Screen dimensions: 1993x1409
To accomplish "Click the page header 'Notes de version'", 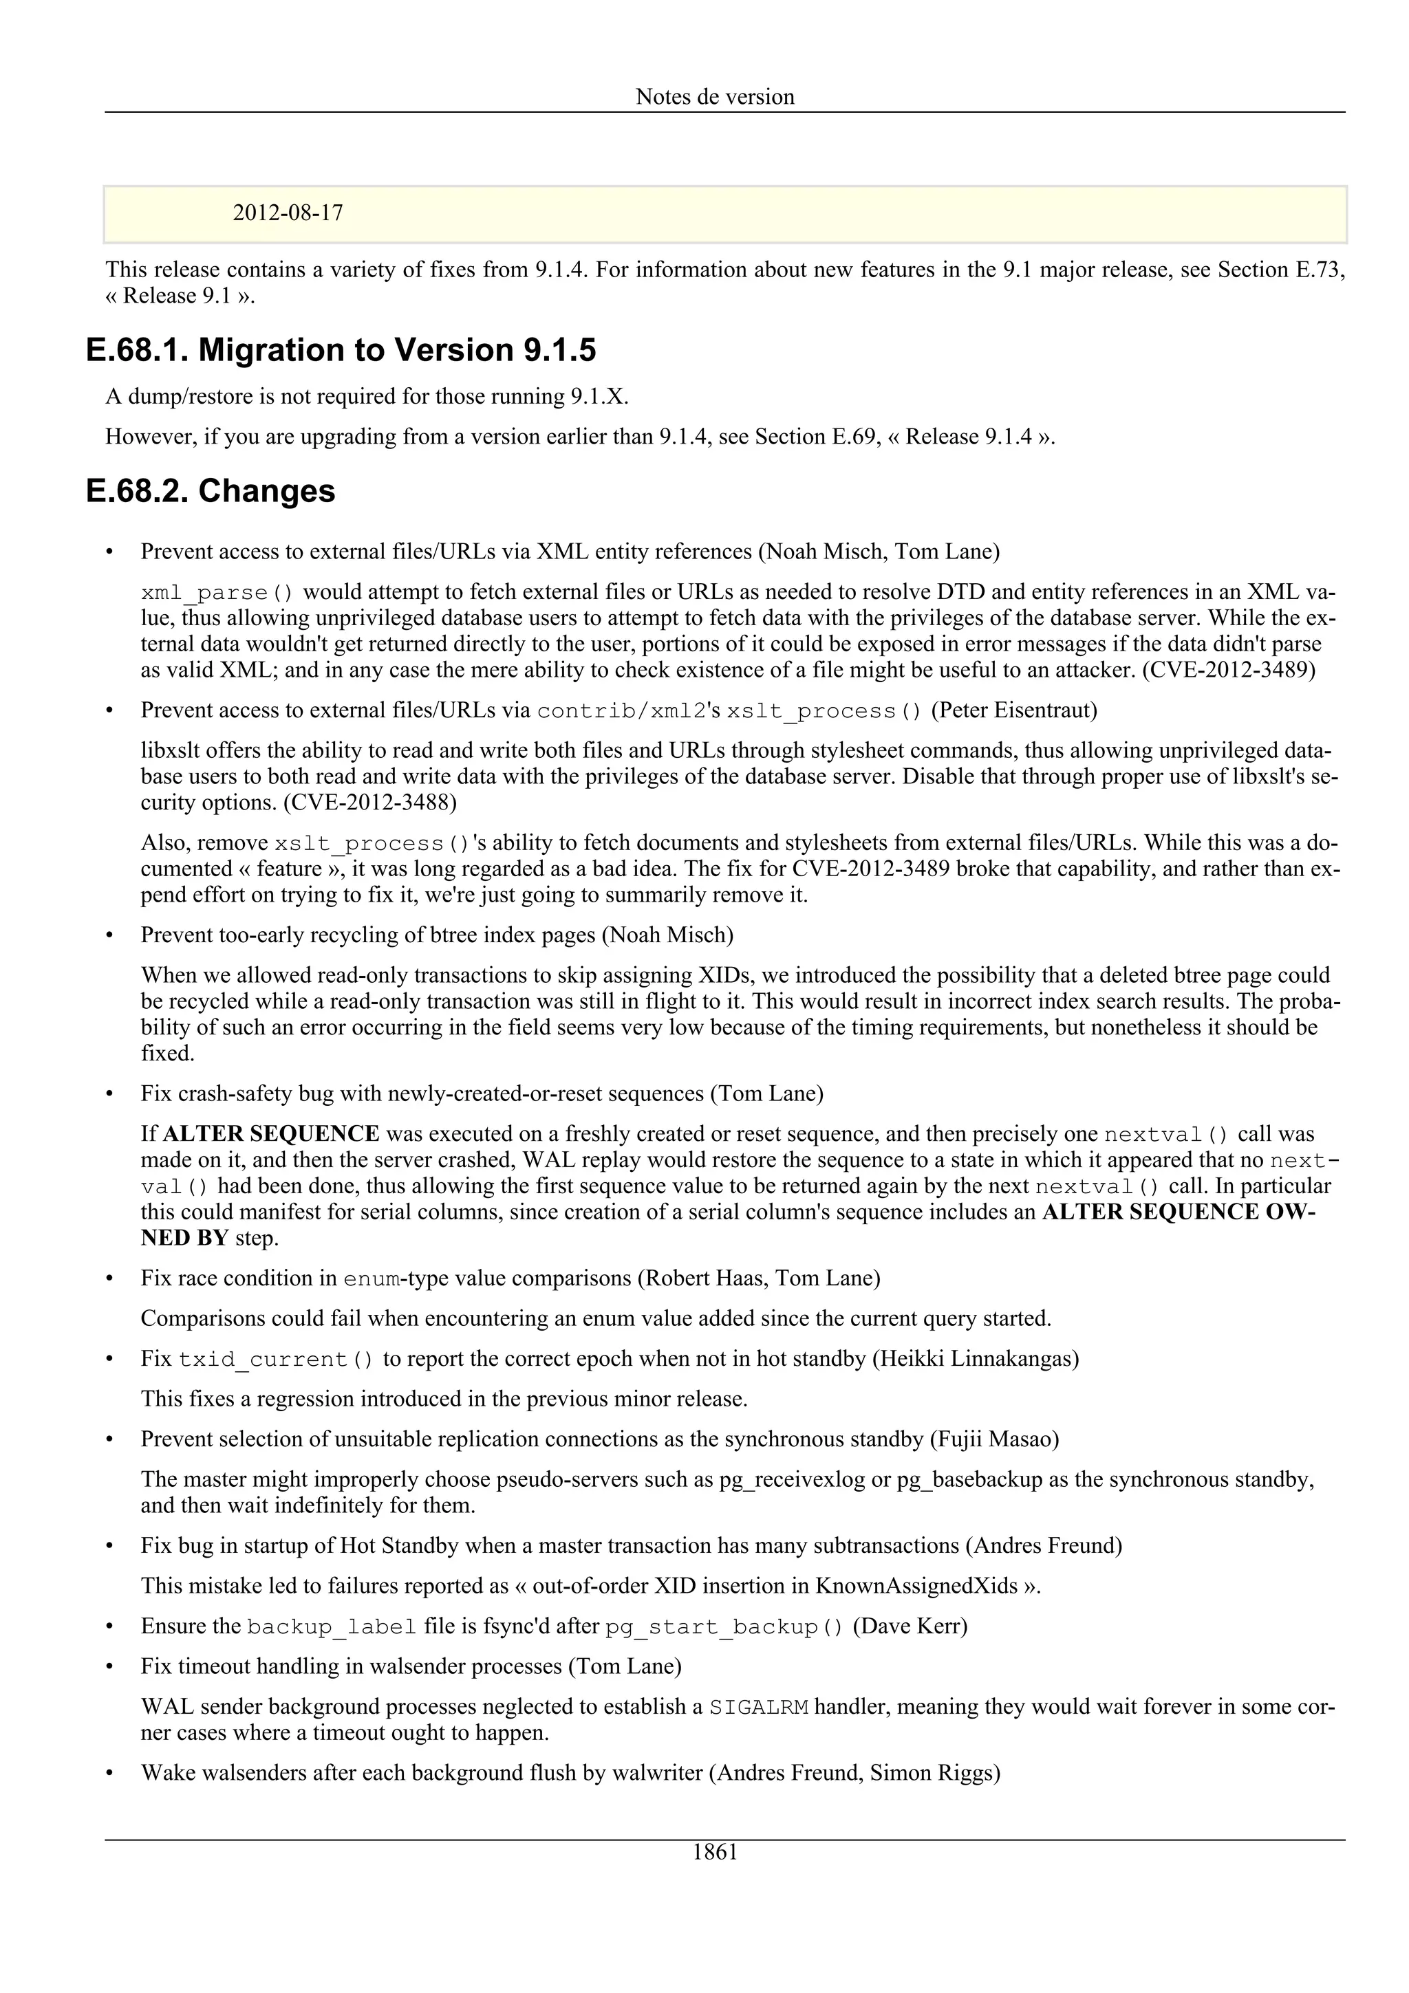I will pos(715,96).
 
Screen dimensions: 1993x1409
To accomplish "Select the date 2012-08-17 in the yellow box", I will pos(288,213).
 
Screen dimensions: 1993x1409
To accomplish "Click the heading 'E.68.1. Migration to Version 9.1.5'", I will pos(341,351).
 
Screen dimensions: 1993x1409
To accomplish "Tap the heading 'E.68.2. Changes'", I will pos(211,491).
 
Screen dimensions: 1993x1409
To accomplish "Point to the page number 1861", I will pos(715,1853).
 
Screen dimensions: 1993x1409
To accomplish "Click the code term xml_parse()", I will pos(217,593).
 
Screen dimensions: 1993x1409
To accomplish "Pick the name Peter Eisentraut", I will pos(1014,711).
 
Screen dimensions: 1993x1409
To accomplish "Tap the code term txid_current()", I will pos(276,1360).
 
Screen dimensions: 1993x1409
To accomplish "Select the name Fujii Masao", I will pos(994,1439).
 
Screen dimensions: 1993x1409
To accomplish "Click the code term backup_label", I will pos(332,1626).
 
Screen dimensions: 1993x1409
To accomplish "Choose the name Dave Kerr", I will pos(910,1626).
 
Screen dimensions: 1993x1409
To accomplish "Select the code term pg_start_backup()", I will pos(724,1626).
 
